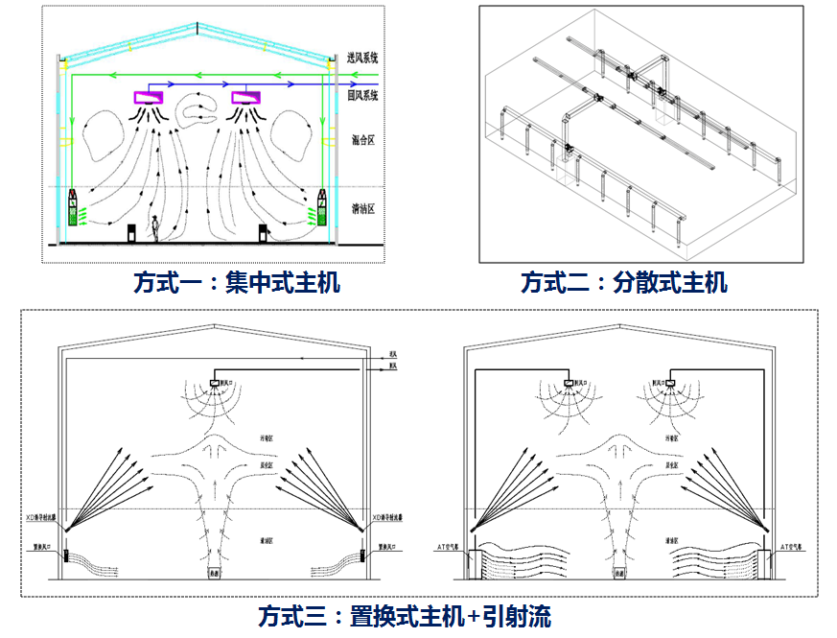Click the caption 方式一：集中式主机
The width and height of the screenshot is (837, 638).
[x=237, y=283]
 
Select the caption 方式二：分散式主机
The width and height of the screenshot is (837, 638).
[x=624, y=283]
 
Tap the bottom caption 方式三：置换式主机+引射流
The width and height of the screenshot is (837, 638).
[x=405, y=615]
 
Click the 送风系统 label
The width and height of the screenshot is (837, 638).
[x=362, y=59]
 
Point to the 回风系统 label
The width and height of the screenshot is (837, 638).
[x=362, y=96]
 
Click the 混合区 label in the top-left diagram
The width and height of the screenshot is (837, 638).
[x=362, y=140]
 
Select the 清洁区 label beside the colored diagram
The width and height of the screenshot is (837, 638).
[x=362, y=207]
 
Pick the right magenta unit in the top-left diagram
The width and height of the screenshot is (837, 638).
[x=246, y=98]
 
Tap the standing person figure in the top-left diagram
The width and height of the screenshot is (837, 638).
[x=154, y=229]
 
